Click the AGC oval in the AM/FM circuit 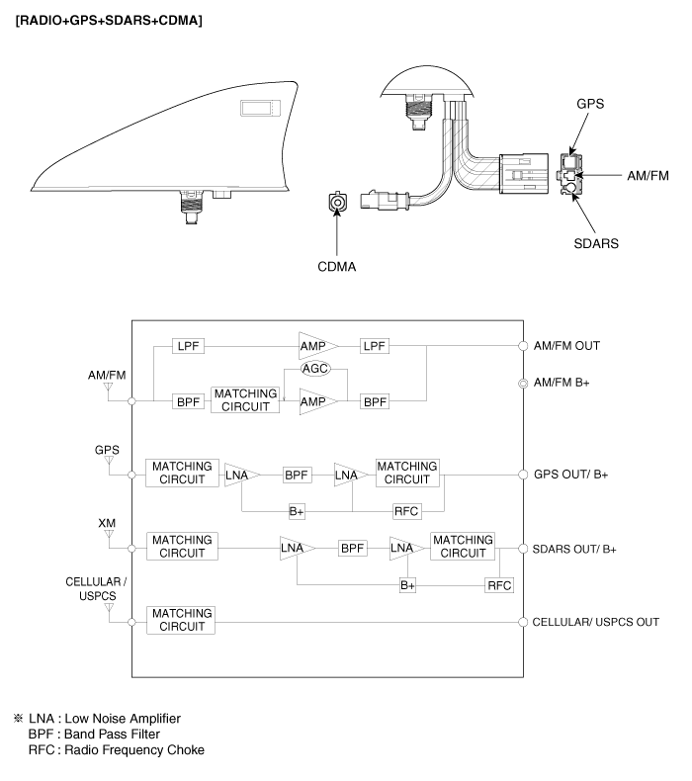(316, 369)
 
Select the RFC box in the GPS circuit (406, 511)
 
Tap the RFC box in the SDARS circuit (499, 585)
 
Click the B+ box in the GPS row (297, 511)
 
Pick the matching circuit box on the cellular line (181, 620)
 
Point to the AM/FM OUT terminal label (566, 346)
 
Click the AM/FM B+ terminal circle (523, 383)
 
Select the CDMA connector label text (337, 267)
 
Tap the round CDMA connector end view (337, 202)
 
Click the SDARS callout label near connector (596, 243)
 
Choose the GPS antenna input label (107, 450)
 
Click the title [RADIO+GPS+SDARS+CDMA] (109, 21)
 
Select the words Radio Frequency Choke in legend (134, 750)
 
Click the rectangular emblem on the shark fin (261, 108)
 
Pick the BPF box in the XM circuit (352, 549)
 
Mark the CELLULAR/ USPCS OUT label (596, 622)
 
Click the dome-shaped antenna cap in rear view (426, 81)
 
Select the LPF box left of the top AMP (188, 346)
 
